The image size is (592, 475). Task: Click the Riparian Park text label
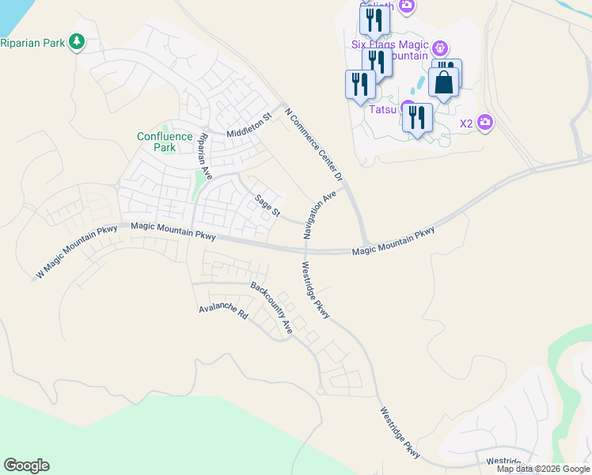(x=33, y=42)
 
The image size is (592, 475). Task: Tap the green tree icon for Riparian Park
(x=77, y=41)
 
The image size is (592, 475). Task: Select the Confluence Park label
(x=165, y=142)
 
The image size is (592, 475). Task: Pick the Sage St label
(x=268, y=206)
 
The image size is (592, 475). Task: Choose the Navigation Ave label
(x=320, y=215)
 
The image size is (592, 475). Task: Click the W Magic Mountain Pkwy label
(x=77, y=253)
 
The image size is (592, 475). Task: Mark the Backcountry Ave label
(x=272, y=307)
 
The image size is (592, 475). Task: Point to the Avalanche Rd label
(x=224, y=310)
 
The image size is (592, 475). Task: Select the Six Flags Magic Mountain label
(x=389, y=50)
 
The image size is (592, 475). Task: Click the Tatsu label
(x=383, y=110)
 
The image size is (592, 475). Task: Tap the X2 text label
(x=466, y=123)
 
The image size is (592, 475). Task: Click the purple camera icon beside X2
(x=485, y=123)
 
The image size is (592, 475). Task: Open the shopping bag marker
(x=444, y=83)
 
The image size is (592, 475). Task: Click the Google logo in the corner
(x=26, y=465)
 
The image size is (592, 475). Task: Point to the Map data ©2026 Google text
(x=543, y=469)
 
